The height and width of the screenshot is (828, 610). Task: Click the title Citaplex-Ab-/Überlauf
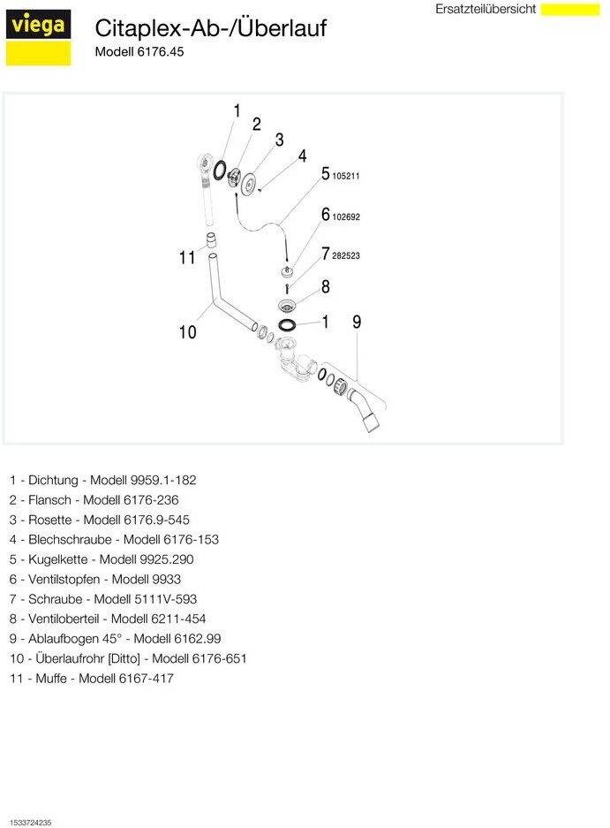[x=210, y=28]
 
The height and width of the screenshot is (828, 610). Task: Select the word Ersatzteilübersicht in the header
[x=486, y=9]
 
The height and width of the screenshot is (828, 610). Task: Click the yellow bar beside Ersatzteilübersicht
[x=569, y=10]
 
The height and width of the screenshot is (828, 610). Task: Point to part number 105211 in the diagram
[x=346, y=176]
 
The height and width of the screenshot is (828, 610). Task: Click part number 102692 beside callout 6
[x=346, y=216]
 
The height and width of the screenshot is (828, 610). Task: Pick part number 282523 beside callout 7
[x=346, y=255]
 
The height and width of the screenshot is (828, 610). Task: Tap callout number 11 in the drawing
[x=186, y=258]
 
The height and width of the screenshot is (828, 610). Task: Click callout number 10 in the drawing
[x=187, y=332]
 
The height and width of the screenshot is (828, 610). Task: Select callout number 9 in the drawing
[x=357, y=323]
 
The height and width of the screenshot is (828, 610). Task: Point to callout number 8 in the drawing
[x=326, y=286]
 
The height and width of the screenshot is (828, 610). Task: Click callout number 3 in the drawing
[x=279, y=140]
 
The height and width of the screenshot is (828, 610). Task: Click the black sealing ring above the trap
[x=287, y=325]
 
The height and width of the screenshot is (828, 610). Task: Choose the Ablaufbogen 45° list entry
[x=115, y=638]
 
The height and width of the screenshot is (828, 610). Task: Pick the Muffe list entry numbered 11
[x=92, y=678]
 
